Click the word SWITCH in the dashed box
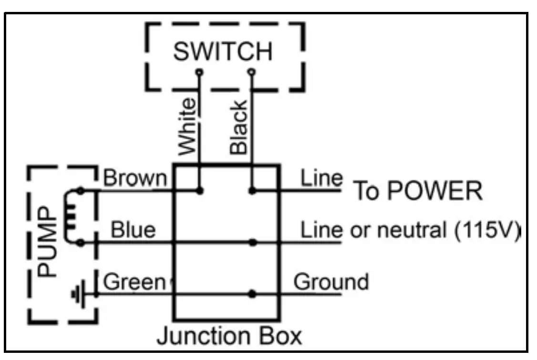pos(223,51)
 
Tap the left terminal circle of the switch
pos(199,72)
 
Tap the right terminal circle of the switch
pos(252,72)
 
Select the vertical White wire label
pos(187,126)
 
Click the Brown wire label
pos(135,178)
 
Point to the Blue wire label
pos(133,230)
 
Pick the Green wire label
pos(134,282)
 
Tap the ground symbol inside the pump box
pos(77,294)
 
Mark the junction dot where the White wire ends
pos(200,191)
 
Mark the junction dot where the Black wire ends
pos(252,191)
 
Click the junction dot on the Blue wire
pos(253,242)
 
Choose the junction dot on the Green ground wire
pos(252,294)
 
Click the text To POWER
pos(417,192)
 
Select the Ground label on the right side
pos(331,282)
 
